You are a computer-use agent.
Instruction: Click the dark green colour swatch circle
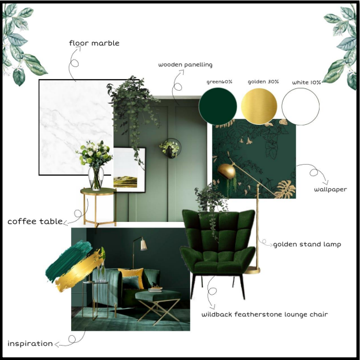tap(218, 106)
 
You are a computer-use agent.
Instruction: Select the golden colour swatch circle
tap(259, 106)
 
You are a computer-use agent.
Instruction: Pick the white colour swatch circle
tap(300, 106)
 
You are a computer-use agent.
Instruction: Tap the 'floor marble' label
tap(94, 43)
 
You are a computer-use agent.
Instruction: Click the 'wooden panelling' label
tap(185, 65)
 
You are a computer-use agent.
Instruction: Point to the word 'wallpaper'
tap(331, 190)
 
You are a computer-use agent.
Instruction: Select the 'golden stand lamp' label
tap(307, 244)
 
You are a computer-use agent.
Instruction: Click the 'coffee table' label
tap(35, 221)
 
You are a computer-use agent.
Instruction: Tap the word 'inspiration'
tap(30, 343)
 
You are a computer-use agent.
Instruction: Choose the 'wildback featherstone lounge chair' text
tap(265, 314)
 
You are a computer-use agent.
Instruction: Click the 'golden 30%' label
tap(263, 81)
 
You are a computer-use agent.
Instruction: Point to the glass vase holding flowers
tap(96, 179)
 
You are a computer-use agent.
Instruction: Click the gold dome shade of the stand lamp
tap(227, 171)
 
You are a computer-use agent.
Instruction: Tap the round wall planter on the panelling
tap(171, 149)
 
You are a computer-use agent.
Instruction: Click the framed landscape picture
tap(129, 170)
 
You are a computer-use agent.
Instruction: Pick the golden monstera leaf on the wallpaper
tap(285, 189)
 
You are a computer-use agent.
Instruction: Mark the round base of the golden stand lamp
tap(252, 270)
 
